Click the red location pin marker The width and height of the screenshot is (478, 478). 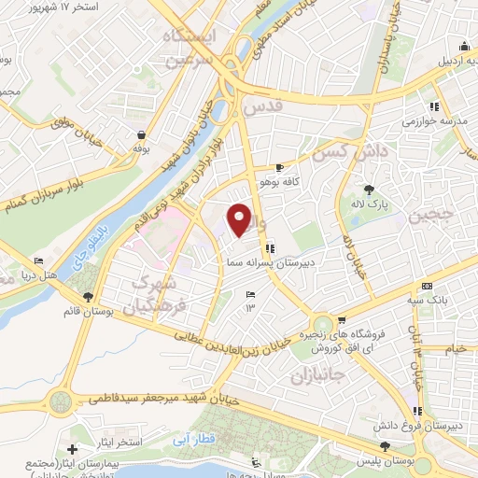pyautogui.click(x=240, y=218)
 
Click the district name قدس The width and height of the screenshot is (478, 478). pyautogui.click(x=261, y=108)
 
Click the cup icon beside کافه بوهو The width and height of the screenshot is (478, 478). pyautogui.click(x=280, y=167)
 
